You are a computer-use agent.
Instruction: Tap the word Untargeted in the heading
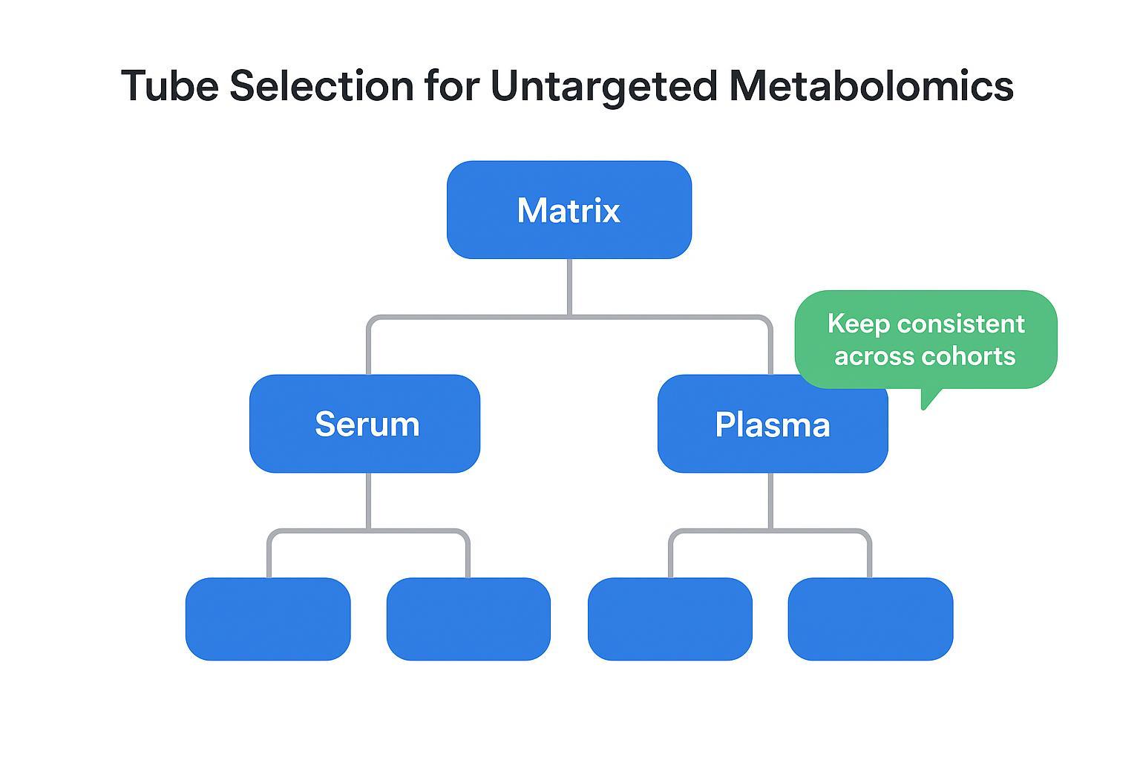(x=603, y=87)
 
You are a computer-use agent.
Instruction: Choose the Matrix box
(x=569, y=210)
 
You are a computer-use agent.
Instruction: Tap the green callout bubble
(x=926, y=339)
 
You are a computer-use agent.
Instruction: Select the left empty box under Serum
(x=268, y=619)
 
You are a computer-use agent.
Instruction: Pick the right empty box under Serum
(x=468, y=619)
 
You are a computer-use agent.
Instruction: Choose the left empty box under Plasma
(x=669, y=619)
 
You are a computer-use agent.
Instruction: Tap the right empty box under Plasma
(x=870, y=619)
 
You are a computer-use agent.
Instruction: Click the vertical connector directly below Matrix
(x=569, y=287)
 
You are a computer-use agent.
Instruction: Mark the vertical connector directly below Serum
(x=368, y=501)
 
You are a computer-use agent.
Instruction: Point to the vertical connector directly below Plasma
(x=770, y=501)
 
